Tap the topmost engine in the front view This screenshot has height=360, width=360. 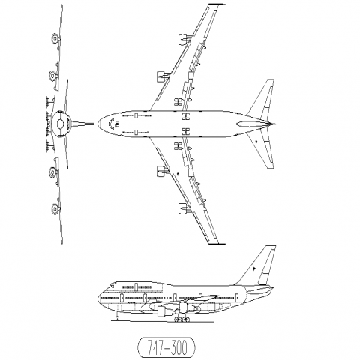point(55,39)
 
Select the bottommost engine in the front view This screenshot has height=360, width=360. point(55,209)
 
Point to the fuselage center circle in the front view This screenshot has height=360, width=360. point(60,124)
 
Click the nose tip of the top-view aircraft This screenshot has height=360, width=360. point(98,124)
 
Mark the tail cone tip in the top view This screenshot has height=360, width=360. point(274,124)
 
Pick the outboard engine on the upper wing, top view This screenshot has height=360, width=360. point(184,39)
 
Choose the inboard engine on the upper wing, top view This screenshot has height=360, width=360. point(163,76)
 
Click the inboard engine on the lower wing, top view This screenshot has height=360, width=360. point(163,171)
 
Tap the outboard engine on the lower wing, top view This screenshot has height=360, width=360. point(184,209)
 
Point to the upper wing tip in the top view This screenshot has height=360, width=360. point(217,4)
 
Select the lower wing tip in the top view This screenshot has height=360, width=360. point(217,244)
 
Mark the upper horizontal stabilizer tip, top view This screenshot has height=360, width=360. point(271,80)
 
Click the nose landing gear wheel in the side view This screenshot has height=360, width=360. point(117,318)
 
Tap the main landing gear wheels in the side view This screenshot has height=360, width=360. point(181,319)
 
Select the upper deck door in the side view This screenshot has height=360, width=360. point(136,286)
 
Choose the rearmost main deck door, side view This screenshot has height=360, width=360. point(236,298)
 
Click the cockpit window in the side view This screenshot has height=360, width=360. point(112,286)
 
